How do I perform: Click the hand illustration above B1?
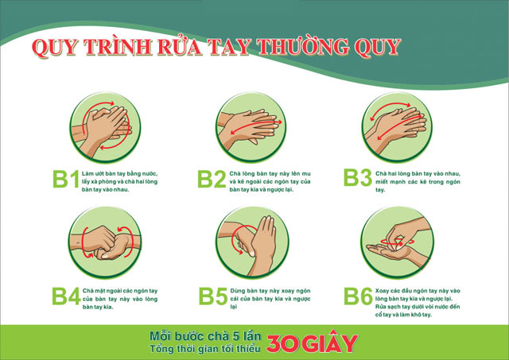[101, 125]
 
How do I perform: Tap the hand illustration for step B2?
[247, 125]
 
